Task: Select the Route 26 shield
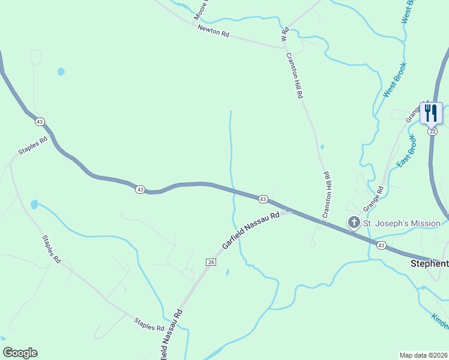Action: pos(210,262)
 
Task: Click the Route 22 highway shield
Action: pos(432,131)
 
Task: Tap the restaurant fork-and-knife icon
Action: pos(431,112)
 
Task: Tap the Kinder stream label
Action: pos(441,321)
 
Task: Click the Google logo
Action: pos(20,353)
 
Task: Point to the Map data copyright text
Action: pos(424,355)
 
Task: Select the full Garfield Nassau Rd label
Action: pos(251,230)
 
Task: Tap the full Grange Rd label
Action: pos(373,198)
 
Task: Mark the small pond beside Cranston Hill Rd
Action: pos(322,146)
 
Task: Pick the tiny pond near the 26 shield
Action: pos(227,272)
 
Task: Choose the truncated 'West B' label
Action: pos(408,11)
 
